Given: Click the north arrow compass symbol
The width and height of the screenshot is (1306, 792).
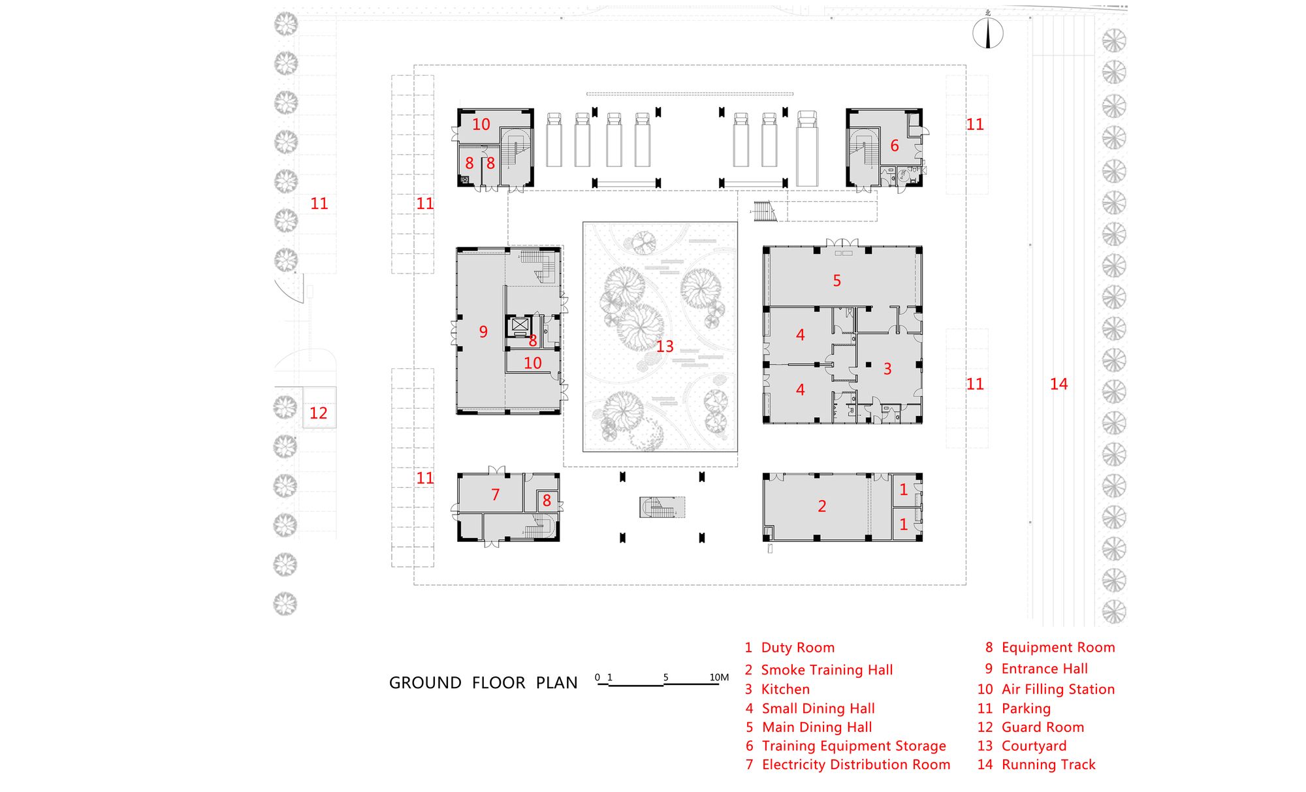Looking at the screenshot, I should coord(988,34).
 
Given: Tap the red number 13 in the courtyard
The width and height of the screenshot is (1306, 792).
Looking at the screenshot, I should coord(665,346).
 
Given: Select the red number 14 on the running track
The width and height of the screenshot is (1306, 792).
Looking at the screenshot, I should coord(1059,384).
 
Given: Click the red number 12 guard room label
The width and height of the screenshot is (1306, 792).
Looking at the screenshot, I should coord(318,413).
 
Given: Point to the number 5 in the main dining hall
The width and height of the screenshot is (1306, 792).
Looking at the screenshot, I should coord(836,281).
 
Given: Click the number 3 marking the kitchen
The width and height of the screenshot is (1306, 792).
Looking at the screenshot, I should coord(887,369).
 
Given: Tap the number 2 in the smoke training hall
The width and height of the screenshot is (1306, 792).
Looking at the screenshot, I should coord(821,506).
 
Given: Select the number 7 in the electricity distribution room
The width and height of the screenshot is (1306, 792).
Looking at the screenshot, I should coord(495,495).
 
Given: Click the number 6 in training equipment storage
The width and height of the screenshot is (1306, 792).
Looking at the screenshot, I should coord(895,146).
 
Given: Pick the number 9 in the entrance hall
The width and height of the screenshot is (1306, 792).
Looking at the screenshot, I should coord(483,332).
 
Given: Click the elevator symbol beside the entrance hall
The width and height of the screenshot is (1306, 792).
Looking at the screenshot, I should coord(519,324).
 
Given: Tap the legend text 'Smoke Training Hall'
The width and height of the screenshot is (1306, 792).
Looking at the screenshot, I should coord(827,670).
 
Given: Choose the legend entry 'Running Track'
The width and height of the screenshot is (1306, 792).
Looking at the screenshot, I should coord(1048,765).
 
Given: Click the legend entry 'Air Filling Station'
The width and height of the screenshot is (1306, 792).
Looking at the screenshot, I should coord(1058,689).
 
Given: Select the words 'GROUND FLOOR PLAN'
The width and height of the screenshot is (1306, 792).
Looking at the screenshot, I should coord(483,683).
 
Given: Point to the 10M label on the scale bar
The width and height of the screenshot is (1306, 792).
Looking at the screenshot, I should coord(719,677).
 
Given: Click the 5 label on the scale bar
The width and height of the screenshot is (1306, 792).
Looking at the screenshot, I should coord(665,677).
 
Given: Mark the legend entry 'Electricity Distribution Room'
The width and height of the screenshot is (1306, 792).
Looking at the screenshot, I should coord(855,765).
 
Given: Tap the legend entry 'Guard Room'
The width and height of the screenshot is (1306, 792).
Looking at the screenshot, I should coord(1042,727).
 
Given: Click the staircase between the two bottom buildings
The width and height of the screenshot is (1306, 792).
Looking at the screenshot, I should coord(661,507).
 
